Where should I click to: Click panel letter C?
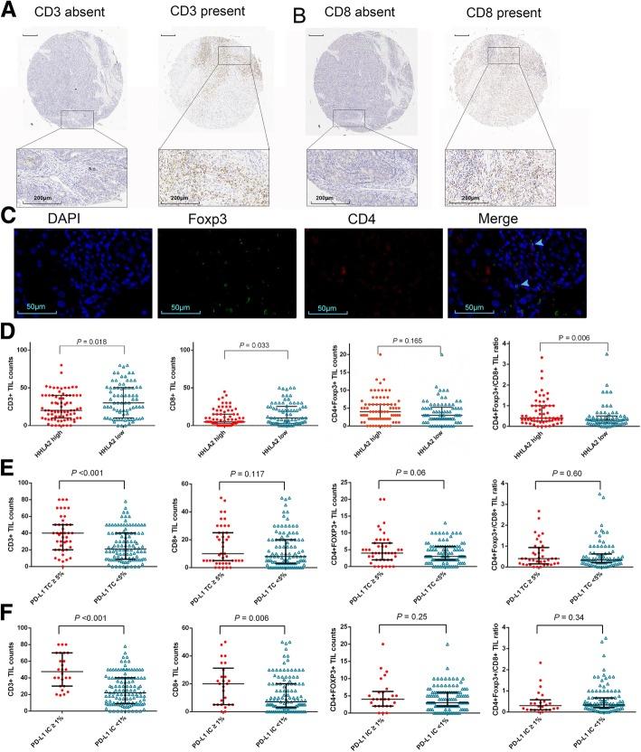9,219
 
